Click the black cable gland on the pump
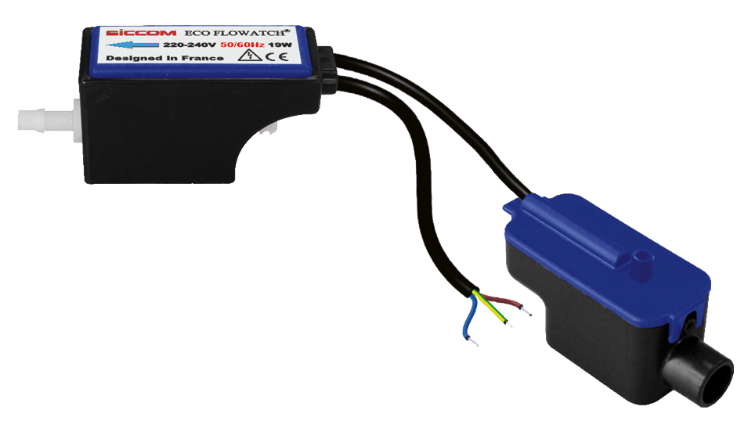point(330,66)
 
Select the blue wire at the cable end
point(469,322)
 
